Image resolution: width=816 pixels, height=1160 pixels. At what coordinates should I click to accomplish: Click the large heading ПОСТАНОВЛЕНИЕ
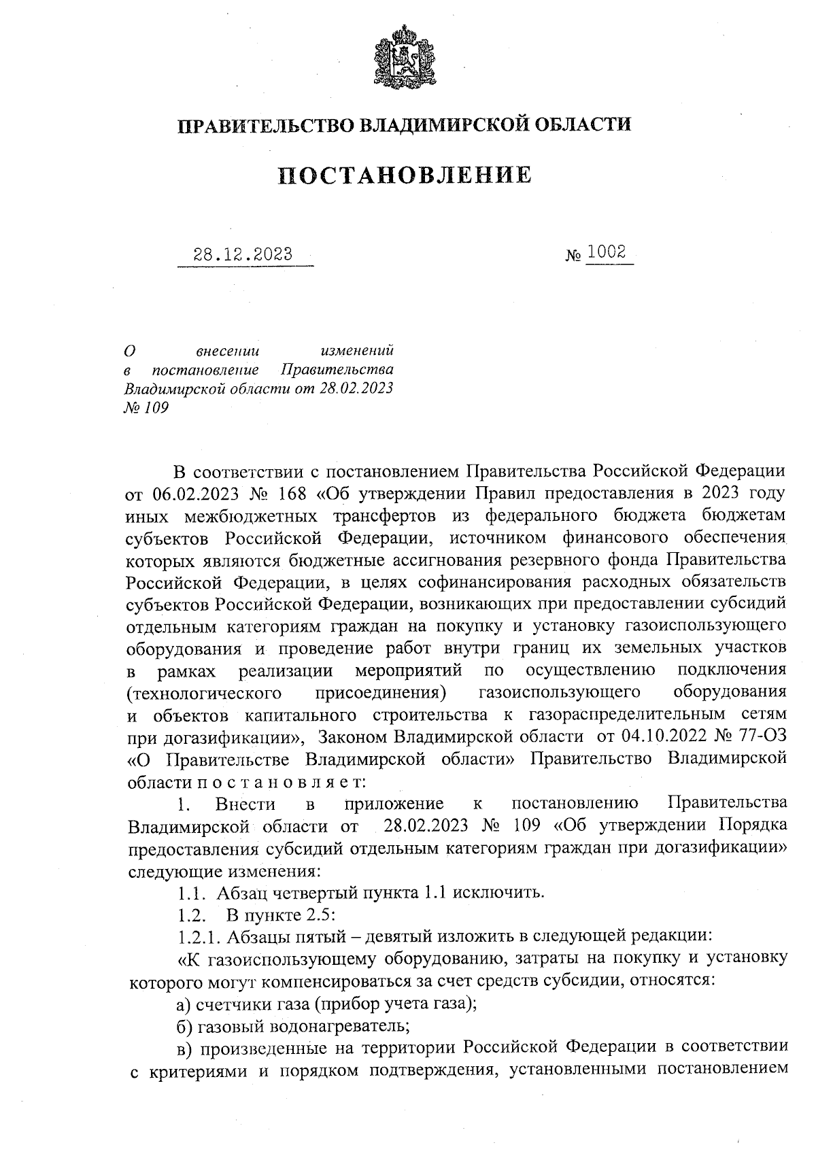coord(405,175)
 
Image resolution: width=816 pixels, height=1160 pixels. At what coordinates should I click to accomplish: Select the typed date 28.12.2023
coord(243,255)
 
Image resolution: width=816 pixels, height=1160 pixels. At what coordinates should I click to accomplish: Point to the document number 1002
coord(607,252)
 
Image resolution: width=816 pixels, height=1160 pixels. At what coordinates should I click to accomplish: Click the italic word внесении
coord(228,352)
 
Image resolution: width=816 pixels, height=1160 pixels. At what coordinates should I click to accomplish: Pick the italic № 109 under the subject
coord(146,407)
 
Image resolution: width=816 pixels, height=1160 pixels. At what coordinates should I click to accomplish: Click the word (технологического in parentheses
coord(205,693)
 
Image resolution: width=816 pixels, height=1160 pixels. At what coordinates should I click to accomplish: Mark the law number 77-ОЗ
coord(764,737)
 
